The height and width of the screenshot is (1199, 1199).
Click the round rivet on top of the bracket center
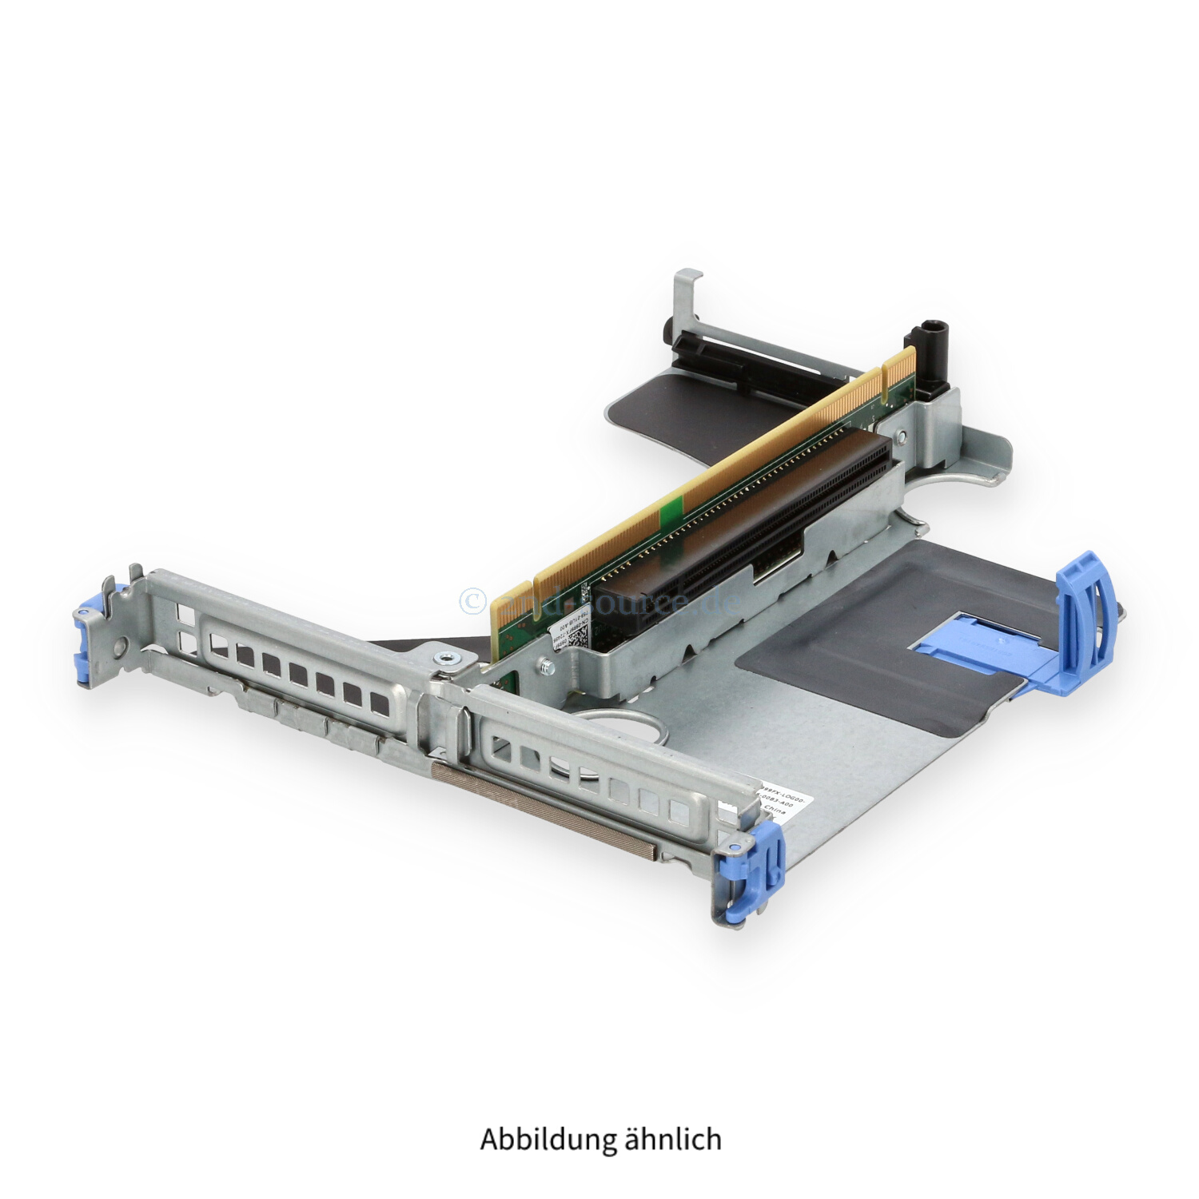[x=443, y=658]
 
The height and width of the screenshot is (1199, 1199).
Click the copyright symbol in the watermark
[x=473, y=600]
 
